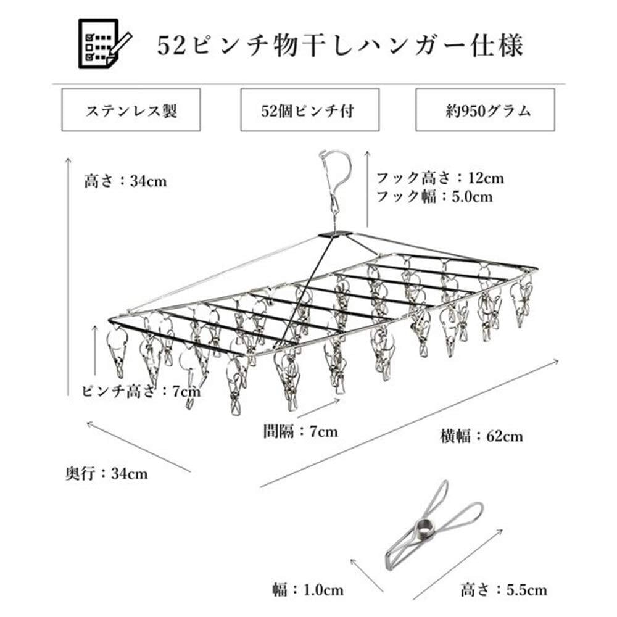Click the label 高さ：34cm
coord(125,182)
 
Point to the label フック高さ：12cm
coord(440,178)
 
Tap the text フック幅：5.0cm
coord(434,197)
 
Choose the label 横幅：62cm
coord(481,436)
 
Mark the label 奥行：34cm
coord(106,474)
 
